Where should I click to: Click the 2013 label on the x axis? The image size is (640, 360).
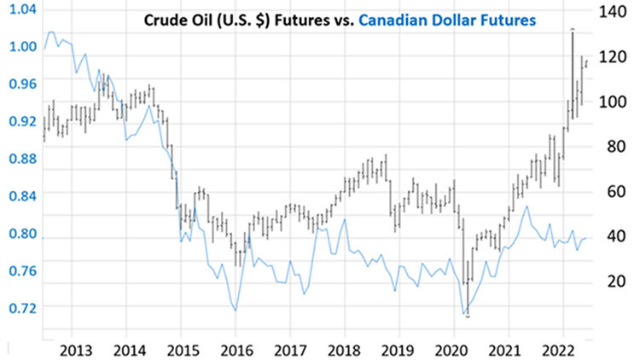[71, 350]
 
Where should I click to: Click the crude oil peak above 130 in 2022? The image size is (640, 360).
[572, 30]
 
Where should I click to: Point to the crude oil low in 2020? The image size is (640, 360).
[468, 316]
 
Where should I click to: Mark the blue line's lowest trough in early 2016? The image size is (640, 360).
[236, 311]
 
